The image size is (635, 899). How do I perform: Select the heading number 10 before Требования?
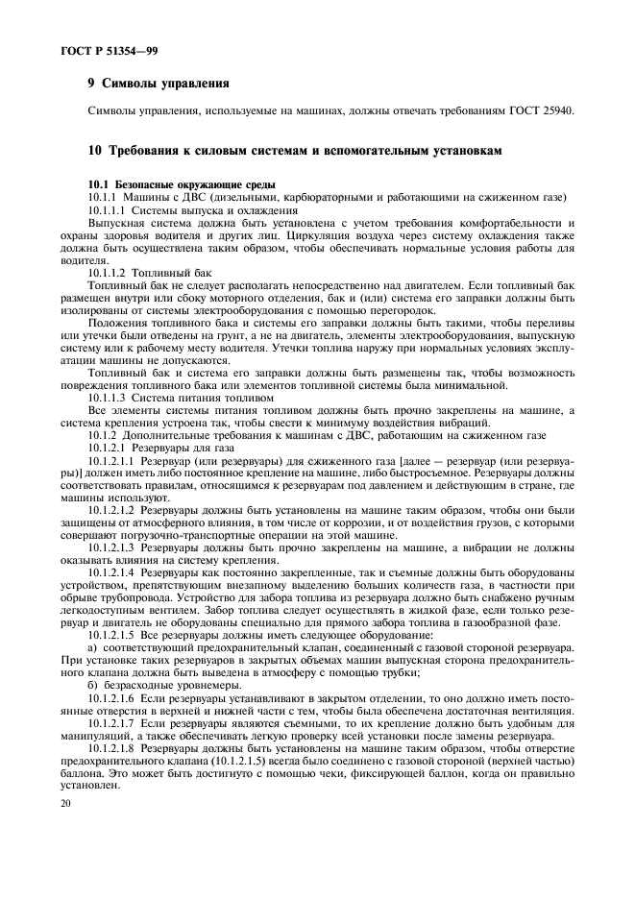point(93,152)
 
